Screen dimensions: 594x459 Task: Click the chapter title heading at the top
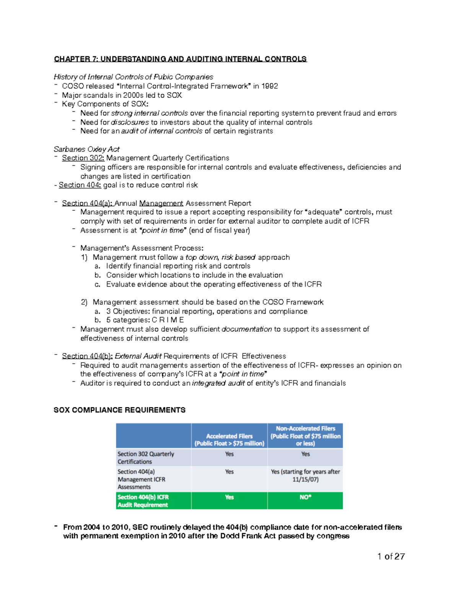(180, 59)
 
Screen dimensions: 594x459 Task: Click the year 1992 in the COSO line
(270, 86)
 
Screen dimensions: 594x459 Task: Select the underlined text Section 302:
(83, 158)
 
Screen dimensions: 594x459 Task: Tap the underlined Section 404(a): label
(87, 203)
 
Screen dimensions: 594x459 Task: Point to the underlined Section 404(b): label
(87, 356)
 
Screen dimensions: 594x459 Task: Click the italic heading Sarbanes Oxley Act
(86, 149)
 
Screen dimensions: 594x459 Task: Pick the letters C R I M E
(168, 320)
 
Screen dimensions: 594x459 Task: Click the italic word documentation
(247, 329)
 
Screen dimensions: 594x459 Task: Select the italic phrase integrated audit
(218, 383)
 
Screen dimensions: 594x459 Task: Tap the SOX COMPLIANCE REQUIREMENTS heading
(119, 410)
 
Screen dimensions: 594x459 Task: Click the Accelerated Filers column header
(229, 439)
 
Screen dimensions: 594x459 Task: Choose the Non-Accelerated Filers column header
(305, 436)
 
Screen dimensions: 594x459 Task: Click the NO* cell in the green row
(305, 497)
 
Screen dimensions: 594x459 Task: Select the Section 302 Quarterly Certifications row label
(146, 457)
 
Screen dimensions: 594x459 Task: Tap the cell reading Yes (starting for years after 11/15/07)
(305, 475)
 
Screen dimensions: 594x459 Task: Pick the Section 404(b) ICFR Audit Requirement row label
(143, 501)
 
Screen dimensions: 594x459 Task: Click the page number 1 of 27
(391, 557)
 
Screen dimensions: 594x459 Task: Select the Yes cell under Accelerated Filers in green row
(229, 497)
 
